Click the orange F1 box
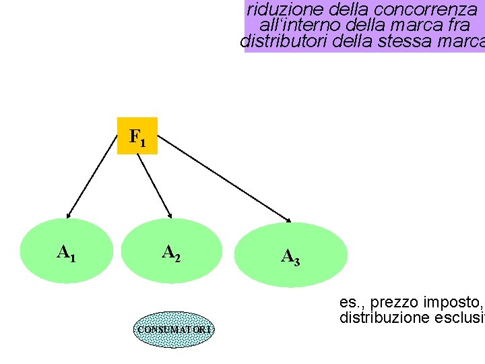137,136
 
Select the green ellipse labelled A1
66,251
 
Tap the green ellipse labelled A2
171,251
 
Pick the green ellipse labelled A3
290,255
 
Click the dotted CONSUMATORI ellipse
174,329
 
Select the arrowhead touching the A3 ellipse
288,218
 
